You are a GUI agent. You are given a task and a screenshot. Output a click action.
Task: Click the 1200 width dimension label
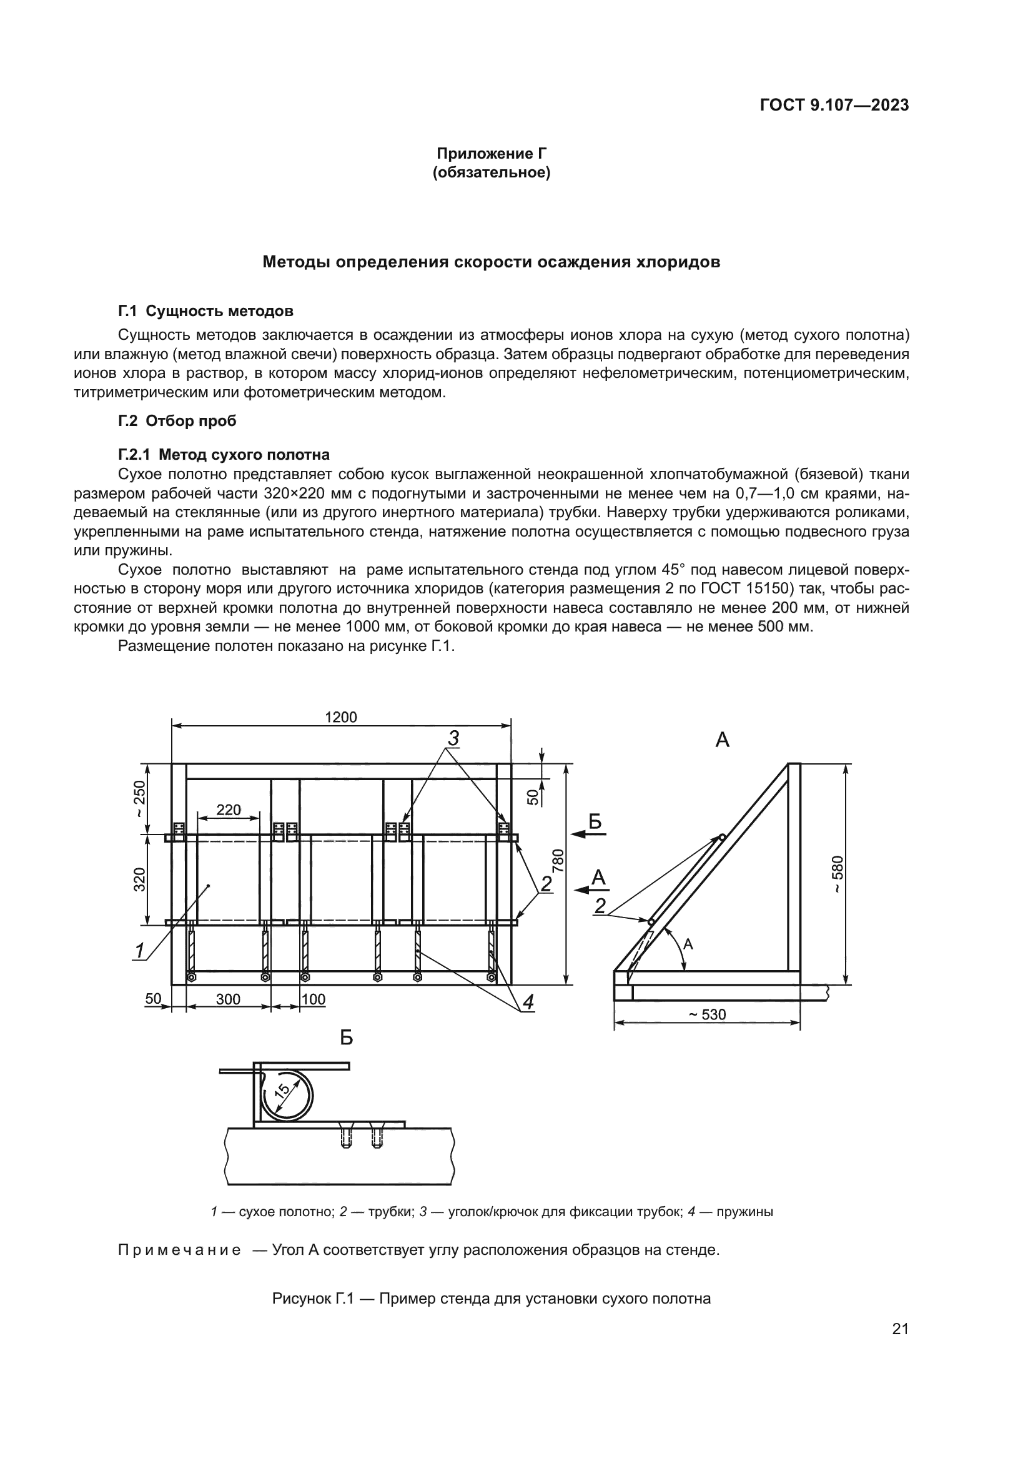click(341, 717)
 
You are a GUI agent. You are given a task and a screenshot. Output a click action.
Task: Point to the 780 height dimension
click(558, 859)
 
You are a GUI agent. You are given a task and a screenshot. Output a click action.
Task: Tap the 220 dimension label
click(229, 810)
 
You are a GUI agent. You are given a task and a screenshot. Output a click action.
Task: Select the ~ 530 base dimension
click(707, 1014)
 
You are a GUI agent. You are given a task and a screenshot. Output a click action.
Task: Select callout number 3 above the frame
click(453, 739)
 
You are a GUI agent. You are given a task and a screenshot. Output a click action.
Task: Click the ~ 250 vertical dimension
click(139, 800)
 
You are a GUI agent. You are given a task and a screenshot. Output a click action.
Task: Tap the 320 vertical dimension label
click(139, 879)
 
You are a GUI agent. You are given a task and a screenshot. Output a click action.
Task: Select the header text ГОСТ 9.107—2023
click(834, 106)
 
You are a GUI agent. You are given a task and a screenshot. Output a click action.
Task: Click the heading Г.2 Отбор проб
click(177, 420)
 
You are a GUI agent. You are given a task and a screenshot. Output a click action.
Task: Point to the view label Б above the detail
click(347, 1038)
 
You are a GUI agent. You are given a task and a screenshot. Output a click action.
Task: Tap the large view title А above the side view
click(722, 740)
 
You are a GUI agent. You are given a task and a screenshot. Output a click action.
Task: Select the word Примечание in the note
click(179, 1251)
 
